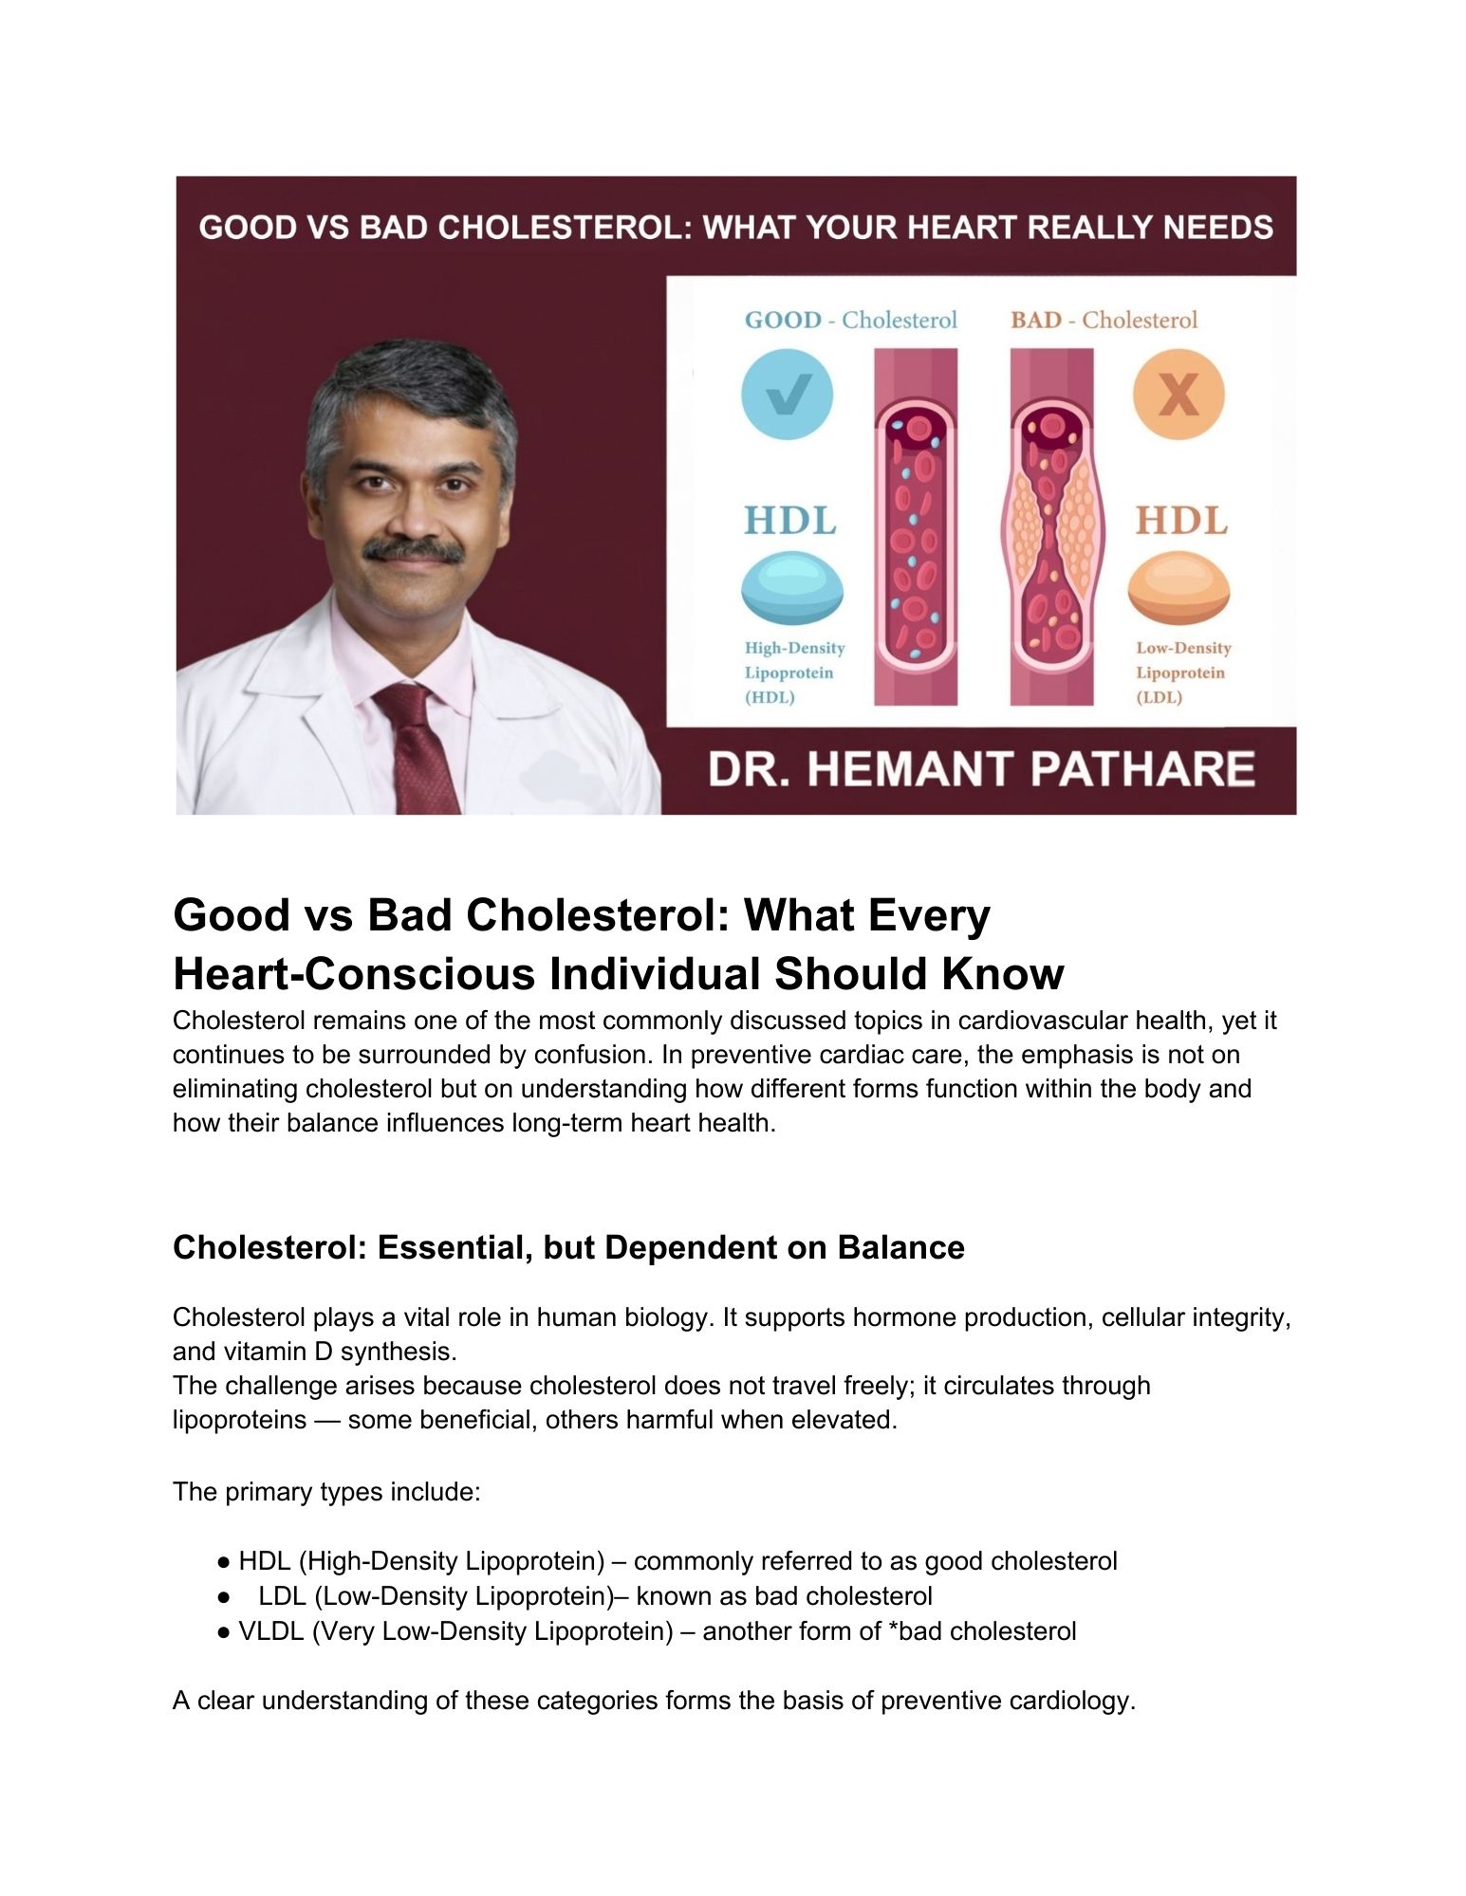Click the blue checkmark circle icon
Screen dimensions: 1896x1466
tap(787, 394)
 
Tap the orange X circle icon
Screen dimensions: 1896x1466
tap(1178, 394)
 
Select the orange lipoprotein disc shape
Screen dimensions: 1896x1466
tap(1178, 589)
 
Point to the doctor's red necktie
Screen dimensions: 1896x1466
tap(418, 749)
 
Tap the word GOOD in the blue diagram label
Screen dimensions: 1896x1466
tap(783, 321)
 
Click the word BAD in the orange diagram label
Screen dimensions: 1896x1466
tap(1035, 321)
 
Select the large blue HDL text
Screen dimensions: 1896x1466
tap(790, 522)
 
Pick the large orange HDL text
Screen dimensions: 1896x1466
tap(1181, 522)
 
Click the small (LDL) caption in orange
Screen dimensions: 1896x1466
tap(1160, 698)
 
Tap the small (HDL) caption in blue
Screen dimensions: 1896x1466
tap(770, 698)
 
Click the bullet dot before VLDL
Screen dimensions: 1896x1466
tap(223, 1631)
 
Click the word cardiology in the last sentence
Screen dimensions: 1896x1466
tap(1071, 1701)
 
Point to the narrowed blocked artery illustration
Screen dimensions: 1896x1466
tap(1050, 526)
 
